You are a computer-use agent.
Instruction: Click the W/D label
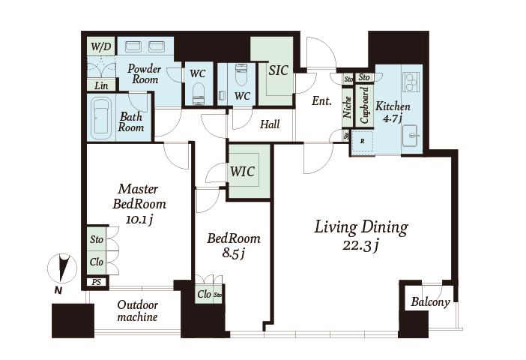101,46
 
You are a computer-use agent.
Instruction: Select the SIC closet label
279,70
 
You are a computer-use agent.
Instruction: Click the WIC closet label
242,171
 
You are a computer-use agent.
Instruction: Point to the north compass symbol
62,268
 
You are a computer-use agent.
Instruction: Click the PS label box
96,282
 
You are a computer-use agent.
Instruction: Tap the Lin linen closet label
101,85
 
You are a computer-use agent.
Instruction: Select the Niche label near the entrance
348,107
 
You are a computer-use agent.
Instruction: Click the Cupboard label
364,105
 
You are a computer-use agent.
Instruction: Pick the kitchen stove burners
411,82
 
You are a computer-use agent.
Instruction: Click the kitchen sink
411,135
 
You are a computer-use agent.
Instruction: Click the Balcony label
430,301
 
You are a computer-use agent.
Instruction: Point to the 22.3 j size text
361,246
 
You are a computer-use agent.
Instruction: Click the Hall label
270,124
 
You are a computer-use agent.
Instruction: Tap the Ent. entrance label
321,100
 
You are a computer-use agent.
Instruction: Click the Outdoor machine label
138,311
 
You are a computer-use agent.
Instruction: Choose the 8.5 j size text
233,253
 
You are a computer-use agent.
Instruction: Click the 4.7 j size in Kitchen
392,118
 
